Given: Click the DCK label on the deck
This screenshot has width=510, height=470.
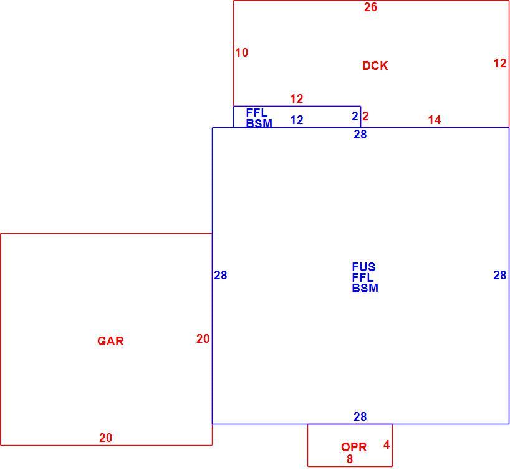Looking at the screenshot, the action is coord(375,65).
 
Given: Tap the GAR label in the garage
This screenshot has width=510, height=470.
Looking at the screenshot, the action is coord(110,341).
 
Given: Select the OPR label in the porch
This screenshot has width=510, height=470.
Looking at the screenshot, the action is coord(354,447).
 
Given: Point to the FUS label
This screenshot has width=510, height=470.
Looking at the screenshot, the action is coord(363,267).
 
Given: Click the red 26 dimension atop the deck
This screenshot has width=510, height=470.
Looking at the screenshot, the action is coord(370,7).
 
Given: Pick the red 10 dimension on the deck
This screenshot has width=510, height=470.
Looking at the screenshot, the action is coord(242,53).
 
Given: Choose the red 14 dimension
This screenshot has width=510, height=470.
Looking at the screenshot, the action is coord(434,120).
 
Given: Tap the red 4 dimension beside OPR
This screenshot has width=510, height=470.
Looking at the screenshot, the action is coord(387,444).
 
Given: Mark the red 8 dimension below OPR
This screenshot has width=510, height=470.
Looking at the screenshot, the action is coord(350,459).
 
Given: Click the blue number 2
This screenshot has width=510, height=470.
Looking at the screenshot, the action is coord(355,116).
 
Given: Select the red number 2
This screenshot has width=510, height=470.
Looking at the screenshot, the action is coord(365,116).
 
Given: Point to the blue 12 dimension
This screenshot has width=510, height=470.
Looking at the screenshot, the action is coord(297,120).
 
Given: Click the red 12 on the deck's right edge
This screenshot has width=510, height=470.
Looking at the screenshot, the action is coord(500,63).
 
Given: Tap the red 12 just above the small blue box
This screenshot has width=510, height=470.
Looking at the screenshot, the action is coord(297,98).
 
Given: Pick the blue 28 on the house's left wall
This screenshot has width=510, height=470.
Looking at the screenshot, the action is coord(221,275).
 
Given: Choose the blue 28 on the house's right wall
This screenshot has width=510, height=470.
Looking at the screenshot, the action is coord(500,275).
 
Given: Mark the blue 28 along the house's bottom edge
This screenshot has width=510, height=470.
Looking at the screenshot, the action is coord(360,416).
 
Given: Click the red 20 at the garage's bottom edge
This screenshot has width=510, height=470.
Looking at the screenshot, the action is coord(106,438).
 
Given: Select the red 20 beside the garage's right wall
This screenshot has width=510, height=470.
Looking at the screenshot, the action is coord(203,339).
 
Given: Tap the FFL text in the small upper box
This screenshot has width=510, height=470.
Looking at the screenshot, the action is coord(257,113).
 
